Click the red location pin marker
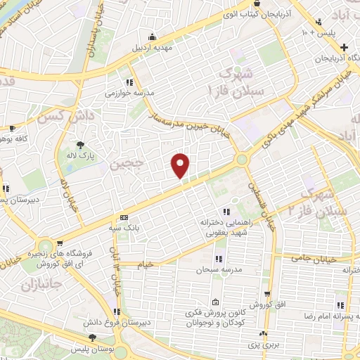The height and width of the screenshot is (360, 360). (181, 165)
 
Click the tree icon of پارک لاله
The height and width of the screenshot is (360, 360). (80, 145)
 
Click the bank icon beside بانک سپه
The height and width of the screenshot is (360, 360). (124, 217)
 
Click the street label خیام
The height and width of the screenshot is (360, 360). (161, 264)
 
